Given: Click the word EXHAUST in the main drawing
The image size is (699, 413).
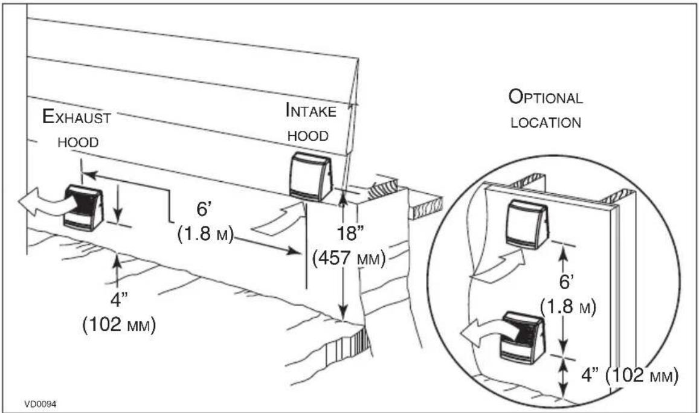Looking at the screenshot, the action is [76, 117].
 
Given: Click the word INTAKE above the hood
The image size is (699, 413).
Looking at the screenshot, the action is [311, 110].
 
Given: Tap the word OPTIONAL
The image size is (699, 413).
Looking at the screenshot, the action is [546, 97].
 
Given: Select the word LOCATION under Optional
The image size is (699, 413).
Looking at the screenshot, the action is [546, 123].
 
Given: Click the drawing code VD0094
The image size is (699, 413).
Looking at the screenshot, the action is [40, 404].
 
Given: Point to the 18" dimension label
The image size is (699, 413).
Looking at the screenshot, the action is [351, 233].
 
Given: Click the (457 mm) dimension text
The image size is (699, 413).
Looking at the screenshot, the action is [349, 258].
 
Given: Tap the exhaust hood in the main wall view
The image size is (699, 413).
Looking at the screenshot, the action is [84, 208].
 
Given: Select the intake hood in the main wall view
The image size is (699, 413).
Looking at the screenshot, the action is [311, 176].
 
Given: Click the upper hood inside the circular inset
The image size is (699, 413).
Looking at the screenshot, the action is [526, 223].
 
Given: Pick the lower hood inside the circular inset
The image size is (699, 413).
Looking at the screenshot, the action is [523, 338].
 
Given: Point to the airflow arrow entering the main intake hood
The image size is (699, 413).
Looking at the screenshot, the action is [279, 220].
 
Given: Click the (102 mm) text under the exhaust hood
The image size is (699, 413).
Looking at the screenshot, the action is [120, 325].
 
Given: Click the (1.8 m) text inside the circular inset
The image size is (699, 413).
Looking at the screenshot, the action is [568, 307].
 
